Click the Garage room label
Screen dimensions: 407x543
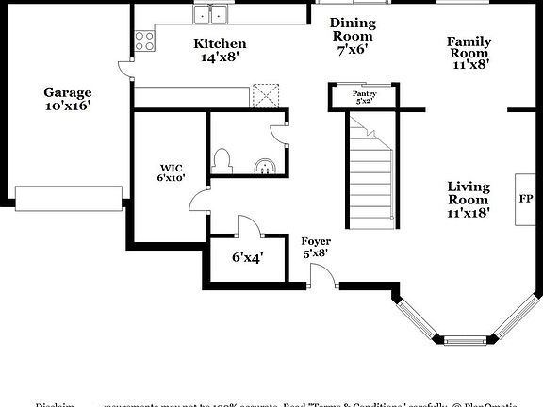click(68, 92)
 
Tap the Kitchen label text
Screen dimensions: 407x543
click(220, 43)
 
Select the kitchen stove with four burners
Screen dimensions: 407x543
click(144, 40)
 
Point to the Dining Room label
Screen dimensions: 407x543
click(352, 29)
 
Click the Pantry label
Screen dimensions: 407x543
click(364, 94)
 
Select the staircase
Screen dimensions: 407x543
click(370, 167)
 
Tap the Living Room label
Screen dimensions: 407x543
click(468, 193)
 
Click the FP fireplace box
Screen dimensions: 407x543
click(525, 199)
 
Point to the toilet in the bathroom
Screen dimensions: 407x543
click(223, 160)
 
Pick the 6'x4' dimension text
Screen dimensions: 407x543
click(247, 256)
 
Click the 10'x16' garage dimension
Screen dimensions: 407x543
click(68, 107)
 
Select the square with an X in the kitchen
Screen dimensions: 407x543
click(270, 92)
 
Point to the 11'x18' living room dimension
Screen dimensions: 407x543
click(468, 214)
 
